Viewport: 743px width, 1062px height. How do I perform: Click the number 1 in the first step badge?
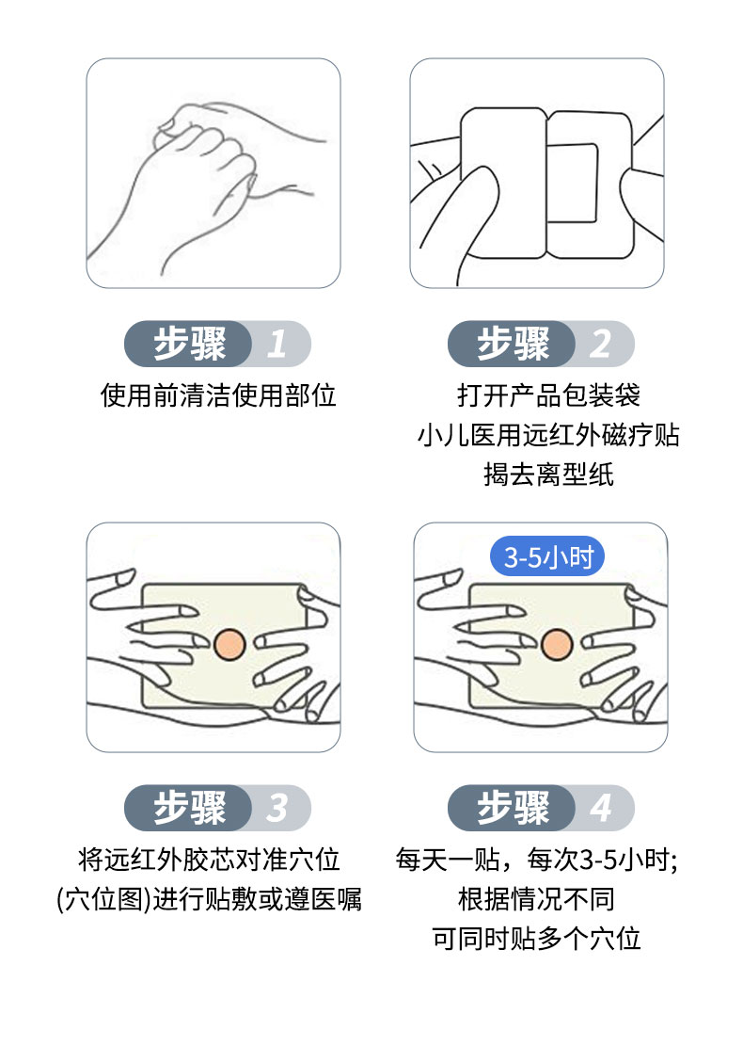[277, 344]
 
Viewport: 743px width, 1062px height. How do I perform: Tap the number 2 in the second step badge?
[600, 344]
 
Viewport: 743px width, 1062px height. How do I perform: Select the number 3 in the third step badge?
[277, 808]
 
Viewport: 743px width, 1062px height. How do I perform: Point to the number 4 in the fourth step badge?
[600, 808]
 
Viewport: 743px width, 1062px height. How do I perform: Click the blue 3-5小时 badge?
[548, 557]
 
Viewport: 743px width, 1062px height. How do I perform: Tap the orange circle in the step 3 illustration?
[229, 645]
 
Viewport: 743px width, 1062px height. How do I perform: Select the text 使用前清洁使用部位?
[218, 395]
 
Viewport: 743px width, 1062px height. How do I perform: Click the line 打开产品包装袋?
[548, 394]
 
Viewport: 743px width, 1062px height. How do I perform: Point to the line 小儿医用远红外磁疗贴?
[548, 435]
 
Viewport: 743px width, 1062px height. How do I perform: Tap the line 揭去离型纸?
[548, 475]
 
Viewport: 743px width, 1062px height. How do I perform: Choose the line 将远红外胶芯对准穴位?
[209, 859]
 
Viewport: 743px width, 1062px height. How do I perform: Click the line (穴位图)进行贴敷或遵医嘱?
[209, 899]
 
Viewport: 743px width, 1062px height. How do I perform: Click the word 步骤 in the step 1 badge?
[190, 344]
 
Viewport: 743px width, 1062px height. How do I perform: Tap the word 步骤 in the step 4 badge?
[513, 808]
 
